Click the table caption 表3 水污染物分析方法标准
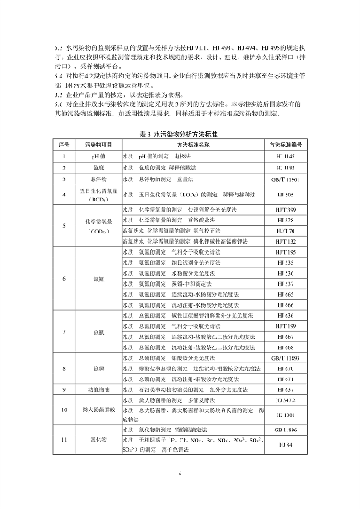pos(180,134)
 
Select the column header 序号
pos(61,146)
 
